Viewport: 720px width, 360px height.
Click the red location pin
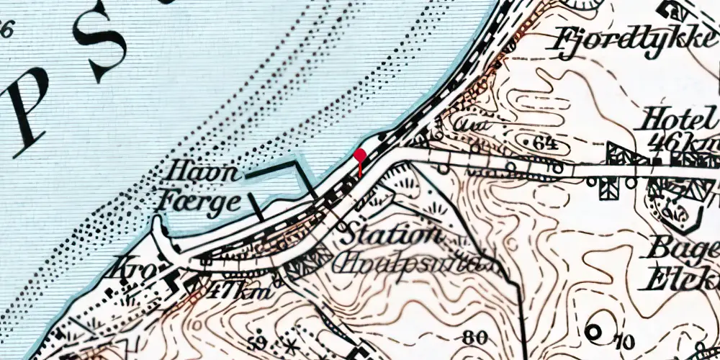(359, 156)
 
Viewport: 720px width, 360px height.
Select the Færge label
(199, 202)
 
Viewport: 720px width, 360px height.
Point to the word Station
(389, 235)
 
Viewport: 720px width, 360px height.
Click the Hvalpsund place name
(407, 264)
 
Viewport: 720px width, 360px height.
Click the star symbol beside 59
(292, 342)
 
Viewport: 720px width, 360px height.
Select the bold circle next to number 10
(594, 333)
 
